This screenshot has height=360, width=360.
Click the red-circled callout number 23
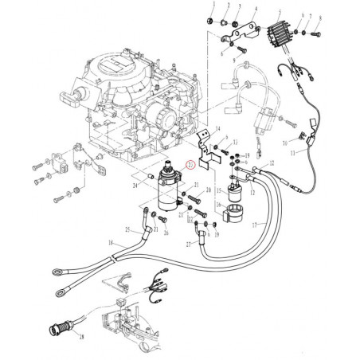[189, 166]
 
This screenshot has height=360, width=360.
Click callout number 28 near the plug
[81, 338]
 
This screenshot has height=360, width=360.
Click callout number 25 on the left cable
[125, 229]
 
